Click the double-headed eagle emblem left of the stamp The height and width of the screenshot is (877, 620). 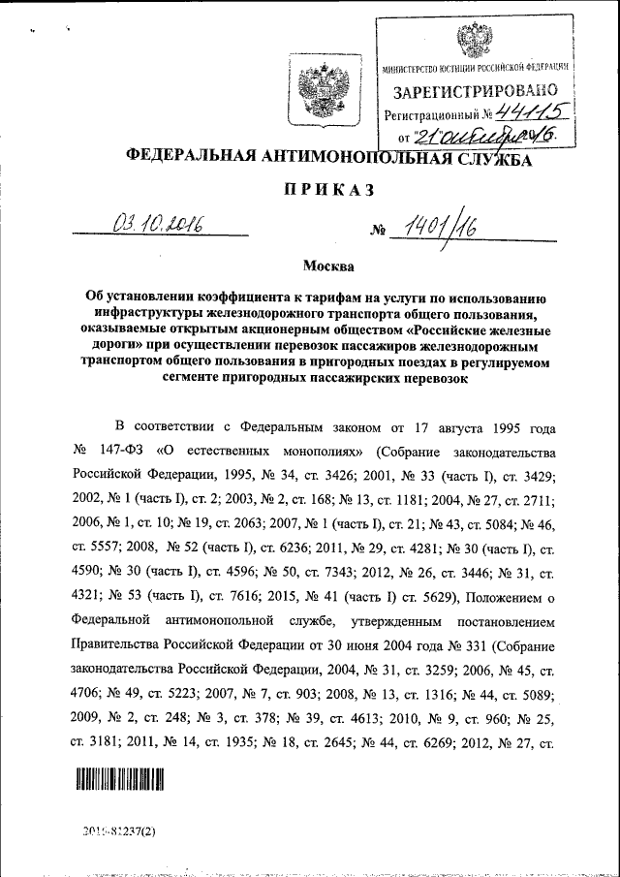[x=318, y=85]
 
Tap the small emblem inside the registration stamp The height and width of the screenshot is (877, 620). [x=474, y=41]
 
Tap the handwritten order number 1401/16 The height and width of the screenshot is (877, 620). [x=437, y=229]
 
